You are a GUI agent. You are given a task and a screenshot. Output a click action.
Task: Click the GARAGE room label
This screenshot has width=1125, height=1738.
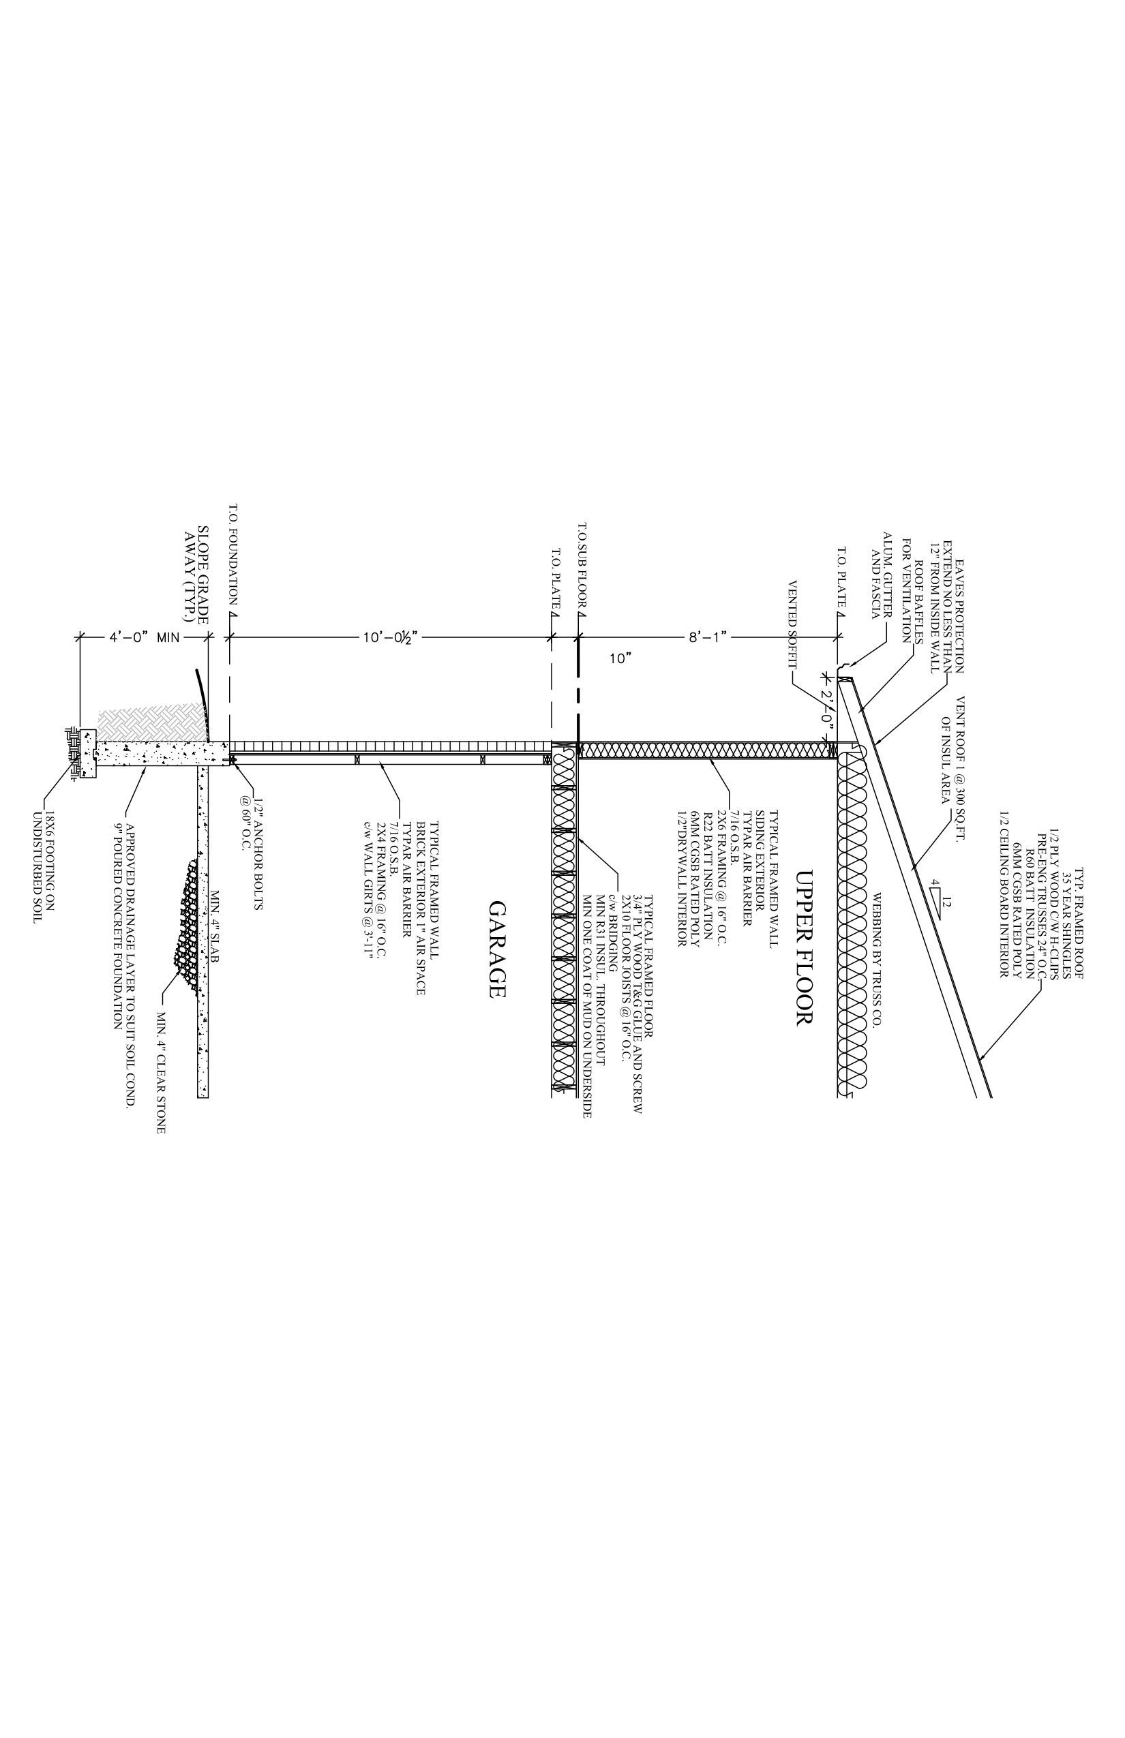497,949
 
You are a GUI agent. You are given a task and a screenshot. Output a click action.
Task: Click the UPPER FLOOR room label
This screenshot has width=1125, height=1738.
803,948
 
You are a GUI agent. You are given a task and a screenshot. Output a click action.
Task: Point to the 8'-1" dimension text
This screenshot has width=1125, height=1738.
707,637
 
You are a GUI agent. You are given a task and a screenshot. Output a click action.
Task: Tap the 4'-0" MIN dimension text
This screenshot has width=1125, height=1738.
145,637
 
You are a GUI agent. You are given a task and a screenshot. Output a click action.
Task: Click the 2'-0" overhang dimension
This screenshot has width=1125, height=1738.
827,707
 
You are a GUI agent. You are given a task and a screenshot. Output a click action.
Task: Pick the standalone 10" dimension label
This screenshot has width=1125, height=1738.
620,658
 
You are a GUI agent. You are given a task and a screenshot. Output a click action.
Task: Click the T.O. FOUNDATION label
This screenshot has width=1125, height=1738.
234,555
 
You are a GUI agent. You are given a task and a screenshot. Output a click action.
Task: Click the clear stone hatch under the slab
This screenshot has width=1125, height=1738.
187,924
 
